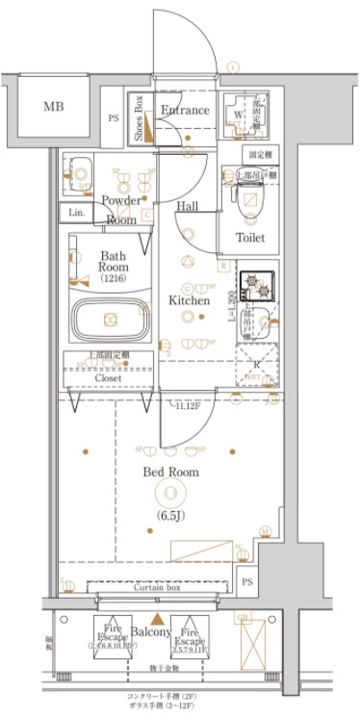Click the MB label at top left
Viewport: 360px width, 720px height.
pos(53,106)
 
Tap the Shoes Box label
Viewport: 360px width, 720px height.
pos(139,118)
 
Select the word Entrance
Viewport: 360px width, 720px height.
pos(185,111)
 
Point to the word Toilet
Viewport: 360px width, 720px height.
pos(252,237)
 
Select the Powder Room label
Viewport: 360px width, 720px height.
pos(121,210)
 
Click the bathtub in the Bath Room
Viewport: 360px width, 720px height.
pos(109,319)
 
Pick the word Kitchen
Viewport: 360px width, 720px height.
pos(190,300)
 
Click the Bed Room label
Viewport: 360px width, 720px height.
pos(171,472)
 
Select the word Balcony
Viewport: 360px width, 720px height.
pos(151,631)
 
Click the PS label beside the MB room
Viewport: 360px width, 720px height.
pos(114,118)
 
